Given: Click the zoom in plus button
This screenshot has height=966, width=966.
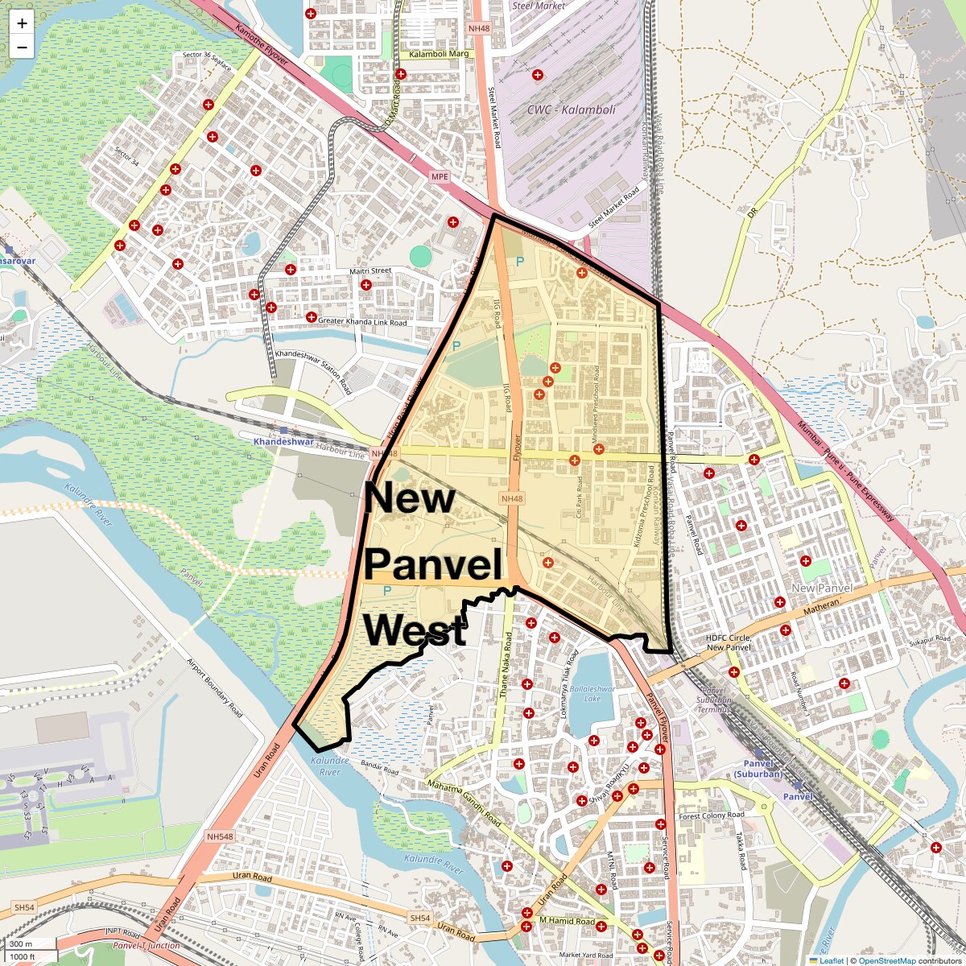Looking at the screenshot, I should (22, 23).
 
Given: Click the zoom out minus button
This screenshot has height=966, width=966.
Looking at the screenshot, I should (22, 47).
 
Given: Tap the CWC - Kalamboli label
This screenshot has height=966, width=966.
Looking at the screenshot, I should (571, 109).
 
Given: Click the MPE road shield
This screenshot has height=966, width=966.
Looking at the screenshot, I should (439, 176).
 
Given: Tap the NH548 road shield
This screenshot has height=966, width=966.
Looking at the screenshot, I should (220, 837).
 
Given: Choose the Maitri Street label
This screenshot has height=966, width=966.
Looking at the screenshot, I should (369, 271).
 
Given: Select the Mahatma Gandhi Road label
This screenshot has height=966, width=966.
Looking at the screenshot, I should (464, 803).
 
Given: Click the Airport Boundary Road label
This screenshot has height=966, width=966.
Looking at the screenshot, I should (214, 688).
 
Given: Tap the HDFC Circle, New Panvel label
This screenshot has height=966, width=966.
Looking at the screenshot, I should (729, 642).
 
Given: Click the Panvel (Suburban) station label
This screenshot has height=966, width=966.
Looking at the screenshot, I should (758, 769).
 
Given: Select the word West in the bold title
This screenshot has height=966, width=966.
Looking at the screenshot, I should (415, 631).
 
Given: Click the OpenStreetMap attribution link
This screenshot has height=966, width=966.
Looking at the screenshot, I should (886, 960).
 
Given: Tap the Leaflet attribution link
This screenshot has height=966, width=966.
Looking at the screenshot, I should (831, 960).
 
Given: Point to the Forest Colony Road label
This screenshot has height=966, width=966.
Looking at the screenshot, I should (712, 815).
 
